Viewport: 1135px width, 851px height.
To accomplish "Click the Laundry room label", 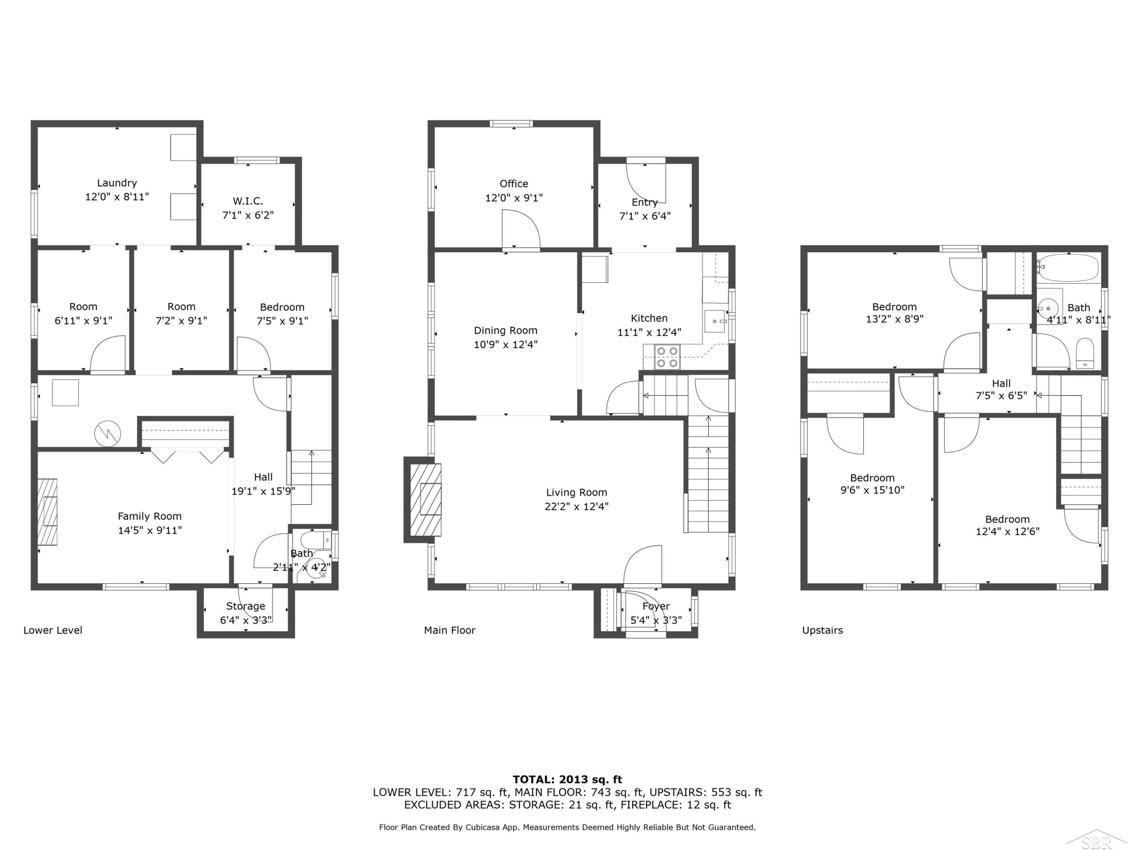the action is tap(117, 183).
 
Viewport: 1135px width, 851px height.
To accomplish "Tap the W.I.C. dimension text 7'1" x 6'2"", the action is tap(248, 215).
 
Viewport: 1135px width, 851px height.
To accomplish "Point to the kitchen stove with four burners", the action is tap(667, 357).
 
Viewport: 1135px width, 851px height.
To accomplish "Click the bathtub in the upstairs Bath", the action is tap(1068, 268).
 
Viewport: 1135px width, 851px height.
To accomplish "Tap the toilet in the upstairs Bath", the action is tap(1085, 353).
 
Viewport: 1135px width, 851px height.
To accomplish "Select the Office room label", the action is tap(514, 184).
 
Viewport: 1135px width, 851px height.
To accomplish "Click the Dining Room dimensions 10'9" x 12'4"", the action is tap(505, 344).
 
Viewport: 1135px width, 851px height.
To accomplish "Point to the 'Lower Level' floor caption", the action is tap(53, 630).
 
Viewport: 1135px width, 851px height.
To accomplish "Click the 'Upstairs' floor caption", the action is tap(822, 630).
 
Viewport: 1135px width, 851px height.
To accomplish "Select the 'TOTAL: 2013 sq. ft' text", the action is tap(567, 780).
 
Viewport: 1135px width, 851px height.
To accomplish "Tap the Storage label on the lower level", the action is tap(246, 606).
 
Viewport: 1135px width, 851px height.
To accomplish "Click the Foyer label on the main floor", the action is tap(656, 606).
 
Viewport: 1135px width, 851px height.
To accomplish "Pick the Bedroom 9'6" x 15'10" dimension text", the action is tap(872, 490).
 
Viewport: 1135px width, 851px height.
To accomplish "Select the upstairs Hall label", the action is tap(1001, 383).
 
